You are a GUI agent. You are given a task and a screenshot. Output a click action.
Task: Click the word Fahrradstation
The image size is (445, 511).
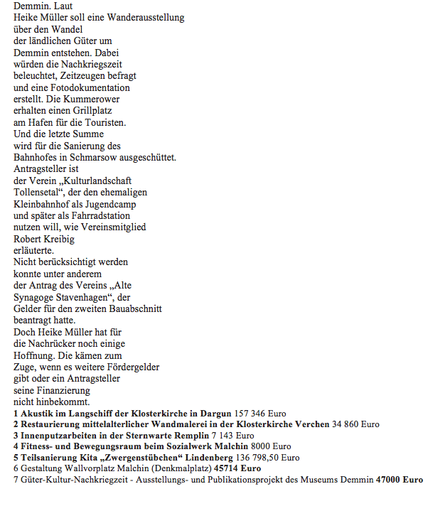[102, 215]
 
